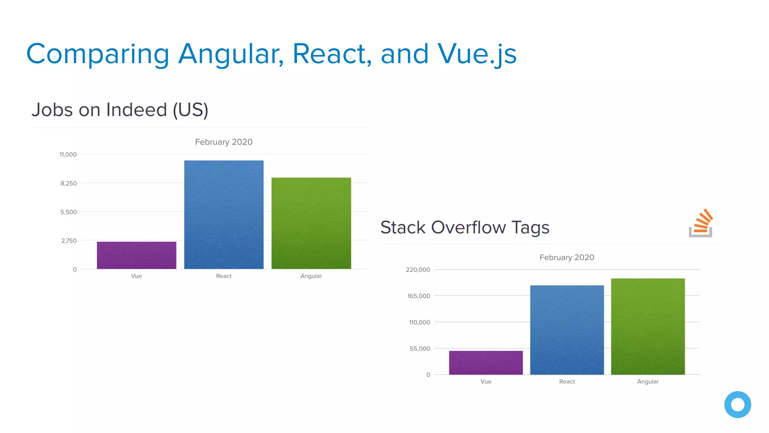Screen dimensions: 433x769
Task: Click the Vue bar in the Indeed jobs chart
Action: pos(136,255)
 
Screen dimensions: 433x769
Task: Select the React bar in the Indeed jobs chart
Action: pos(224,215)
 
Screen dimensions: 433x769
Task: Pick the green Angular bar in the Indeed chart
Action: pos(311,223)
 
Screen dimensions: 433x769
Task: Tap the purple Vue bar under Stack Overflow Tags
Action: pos(486,363)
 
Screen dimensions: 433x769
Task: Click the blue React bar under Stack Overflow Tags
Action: pos(567,330)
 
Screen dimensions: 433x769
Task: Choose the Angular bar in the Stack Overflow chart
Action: pos(648,327)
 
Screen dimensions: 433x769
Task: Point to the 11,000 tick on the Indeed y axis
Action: pos(68,154)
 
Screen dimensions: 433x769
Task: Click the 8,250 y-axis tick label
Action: pos(69,183)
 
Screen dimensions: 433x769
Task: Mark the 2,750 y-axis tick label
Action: pos(69,241)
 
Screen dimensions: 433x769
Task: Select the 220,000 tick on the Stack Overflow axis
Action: pos(418,270)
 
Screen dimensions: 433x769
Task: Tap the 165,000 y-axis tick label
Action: pos(419,296)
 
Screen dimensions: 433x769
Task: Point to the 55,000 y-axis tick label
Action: pos(420,349)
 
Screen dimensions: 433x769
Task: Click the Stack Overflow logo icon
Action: pos(701,223)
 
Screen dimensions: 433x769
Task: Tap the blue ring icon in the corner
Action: pos(737,405)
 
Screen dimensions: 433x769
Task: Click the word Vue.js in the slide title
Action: pos(477,54)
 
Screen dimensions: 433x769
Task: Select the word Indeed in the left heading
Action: pos(137,110)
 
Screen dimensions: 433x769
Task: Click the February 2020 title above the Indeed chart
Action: pos(224,142)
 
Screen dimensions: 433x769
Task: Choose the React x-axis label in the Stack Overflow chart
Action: pos(567,382)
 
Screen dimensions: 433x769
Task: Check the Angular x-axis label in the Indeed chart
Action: pos(311,276)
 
